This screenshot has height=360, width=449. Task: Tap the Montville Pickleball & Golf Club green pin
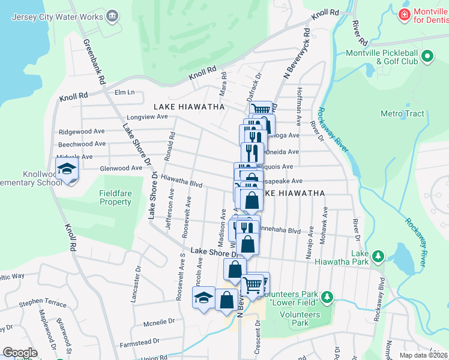point(427,58)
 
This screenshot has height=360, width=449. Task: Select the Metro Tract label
point(402,113)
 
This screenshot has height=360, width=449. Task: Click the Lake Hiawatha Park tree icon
point(378,257)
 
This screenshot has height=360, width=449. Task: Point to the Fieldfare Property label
point(115,197)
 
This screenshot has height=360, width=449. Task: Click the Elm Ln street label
point(125,92)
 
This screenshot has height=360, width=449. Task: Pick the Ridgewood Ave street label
point(81,131)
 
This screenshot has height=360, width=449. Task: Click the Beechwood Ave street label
point(82,144)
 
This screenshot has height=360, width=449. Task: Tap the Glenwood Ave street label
point(121,169)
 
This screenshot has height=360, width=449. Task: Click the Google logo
point(20,353)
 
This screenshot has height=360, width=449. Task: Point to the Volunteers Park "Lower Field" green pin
point(327,297)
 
